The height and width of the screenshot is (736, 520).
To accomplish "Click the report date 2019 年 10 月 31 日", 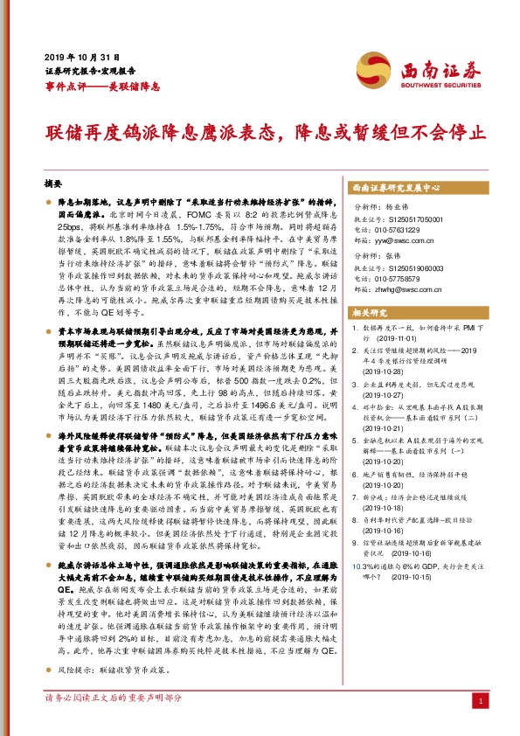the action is [x=74, y=57].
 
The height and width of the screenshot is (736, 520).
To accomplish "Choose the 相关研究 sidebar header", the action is [x=370, y=312].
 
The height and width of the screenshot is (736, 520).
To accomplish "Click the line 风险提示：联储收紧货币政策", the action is [x=111, y=670].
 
